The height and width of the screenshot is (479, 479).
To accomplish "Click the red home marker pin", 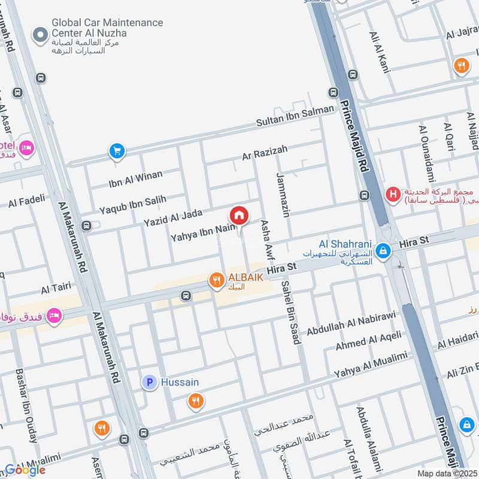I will (238, 215).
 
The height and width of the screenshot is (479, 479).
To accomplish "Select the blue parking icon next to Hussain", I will (149, 381).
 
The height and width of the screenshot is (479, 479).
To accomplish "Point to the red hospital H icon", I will (393, 195).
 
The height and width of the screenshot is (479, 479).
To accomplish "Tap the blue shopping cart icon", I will (117, 151).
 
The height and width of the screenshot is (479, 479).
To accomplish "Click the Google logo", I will (25, 469).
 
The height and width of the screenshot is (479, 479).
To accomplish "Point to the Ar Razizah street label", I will (265, 152).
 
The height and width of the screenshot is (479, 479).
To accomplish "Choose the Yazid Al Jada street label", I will (173, 217).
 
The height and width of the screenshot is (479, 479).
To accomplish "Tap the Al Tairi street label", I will (56, 289).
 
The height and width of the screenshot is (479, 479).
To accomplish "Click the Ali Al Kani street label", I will (380, 53).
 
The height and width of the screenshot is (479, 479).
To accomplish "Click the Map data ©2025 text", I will (446, 473).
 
